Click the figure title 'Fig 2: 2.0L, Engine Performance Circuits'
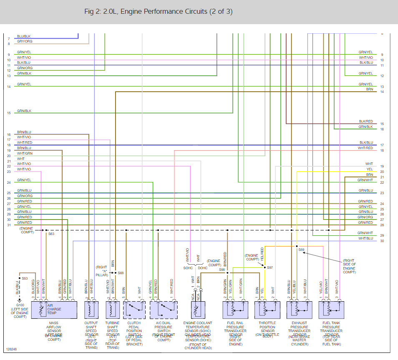(x=158, y=12)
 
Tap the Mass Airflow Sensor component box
(x=54, y=310)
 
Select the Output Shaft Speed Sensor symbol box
(x=91, y=310)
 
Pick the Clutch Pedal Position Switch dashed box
(x=134, y=310)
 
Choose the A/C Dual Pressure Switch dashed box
(x=164, y=310)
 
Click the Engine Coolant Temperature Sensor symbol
(x=196, y=310)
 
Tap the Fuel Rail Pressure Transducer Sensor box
(x=236, y=310)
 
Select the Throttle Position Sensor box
(x=267, y=310)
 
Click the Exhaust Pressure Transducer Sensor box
(x=299, y=310)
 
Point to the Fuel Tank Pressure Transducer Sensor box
(x=331, y=310)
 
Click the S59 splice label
(x=301, y=250)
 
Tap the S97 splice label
(x=270, y=267)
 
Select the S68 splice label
(x=121, y=273)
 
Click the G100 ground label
(x=17, y=305)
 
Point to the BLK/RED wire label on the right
(x=366, y=121)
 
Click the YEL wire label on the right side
(x=370, y=169)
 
